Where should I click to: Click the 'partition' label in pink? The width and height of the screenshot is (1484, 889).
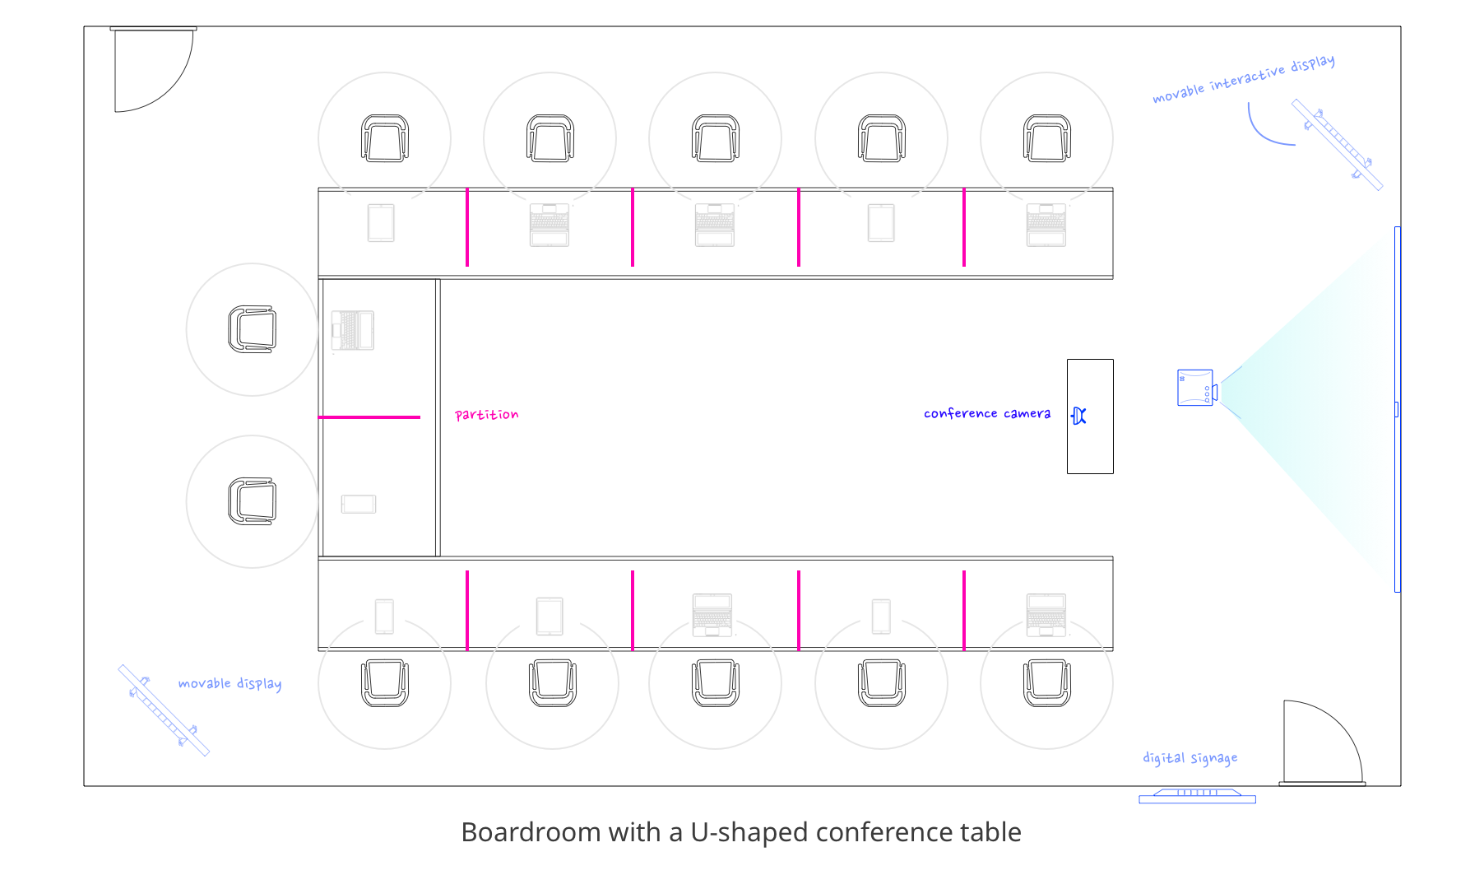(486, 415)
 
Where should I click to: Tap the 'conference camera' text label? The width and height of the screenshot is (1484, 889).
(986, 413)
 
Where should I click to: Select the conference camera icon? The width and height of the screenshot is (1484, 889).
(1079, 417)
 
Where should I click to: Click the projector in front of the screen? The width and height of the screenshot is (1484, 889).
(1197, 388)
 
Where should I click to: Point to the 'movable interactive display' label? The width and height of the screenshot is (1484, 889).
(1243, 79)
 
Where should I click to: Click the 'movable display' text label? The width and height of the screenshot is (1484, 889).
(230, 684)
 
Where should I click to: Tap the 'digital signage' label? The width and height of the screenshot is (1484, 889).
(1190, 758)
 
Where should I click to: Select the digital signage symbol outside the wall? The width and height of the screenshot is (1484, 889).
(1197, 796)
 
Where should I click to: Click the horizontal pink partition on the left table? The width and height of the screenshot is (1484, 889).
(369, 417)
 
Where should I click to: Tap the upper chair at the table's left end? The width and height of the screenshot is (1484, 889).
(252, 329)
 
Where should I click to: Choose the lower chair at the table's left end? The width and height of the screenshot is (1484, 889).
(252, 501)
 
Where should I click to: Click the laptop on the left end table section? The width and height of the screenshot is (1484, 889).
(353, 330)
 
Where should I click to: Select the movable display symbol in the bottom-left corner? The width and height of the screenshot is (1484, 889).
(164, 710)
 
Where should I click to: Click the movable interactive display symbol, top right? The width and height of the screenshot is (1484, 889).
(1337, 145)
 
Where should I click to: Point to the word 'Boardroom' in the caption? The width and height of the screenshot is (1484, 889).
(531, 833)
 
